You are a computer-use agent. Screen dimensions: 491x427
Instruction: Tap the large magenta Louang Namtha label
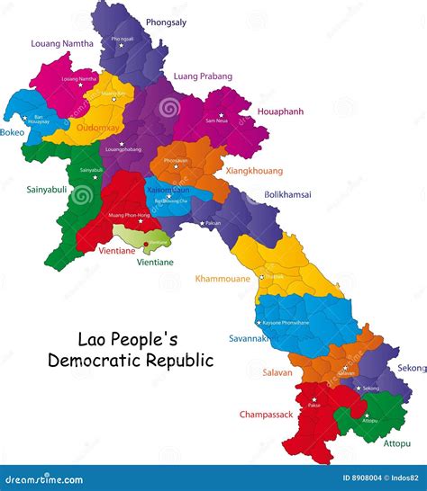[61, 42]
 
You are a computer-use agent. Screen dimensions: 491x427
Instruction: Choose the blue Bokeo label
[13, 132]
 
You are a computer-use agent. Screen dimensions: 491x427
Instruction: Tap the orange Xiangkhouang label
[254, 170]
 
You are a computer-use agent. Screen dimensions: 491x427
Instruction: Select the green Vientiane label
[155, 262]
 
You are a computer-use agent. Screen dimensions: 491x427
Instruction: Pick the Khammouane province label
[223, 279]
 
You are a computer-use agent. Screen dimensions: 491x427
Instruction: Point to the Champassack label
[268, 415]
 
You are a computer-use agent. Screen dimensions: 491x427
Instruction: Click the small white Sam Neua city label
[216, 119]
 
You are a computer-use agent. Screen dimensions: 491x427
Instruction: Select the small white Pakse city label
[313, 405]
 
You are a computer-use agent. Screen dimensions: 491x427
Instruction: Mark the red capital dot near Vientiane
[146, 243]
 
